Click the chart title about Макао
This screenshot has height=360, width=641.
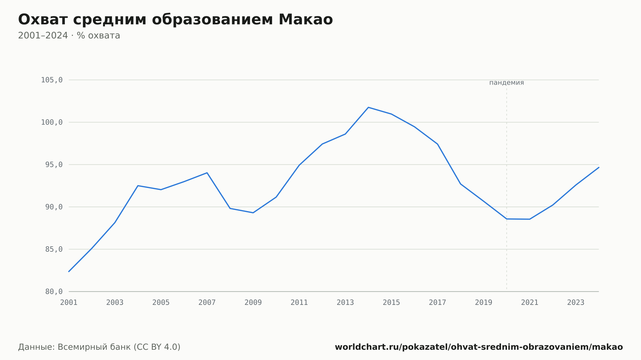coord(175,20)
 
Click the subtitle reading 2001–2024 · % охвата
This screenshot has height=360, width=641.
coord(69,36)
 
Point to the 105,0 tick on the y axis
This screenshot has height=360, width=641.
coord(52,80)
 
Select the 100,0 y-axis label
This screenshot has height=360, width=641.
coord(52,122)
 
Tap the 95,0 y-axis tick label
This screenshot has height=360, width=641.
coord(54,165)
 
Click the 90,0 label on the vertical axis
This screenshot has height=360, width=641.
coord(54,207)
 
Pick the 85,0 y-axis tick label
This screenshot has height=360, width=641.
coord(54,249)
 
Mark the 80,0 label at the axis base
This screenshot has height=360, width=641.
coord(54,291)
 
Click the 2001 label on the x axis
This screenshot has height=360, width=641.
coord(69,303)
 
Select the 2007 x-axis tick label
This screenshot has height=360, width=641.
coord(207,303)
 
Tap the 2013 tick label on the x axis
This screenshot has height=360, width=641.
coord(345,303)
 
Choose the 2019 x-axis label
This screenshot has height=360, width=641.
coord(484,303)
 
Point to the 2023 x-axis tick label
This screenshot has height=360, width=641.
coord(576,303)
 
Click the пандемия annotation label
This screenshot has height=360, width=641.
coord(507,83)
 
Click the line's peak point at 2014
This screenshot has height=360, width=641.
coord(368,107)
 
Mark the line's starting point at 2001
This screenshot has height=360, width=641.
coord(69,272)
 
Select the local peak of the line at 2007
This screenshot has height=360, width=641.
coord(207,173)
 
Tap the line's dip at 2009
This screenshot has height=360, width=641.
coord(253,213)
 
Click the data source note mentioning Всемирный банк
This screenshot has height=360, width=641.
coord(99,347)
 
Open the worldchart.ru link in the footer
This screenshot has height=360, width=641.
coord(479,347)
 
